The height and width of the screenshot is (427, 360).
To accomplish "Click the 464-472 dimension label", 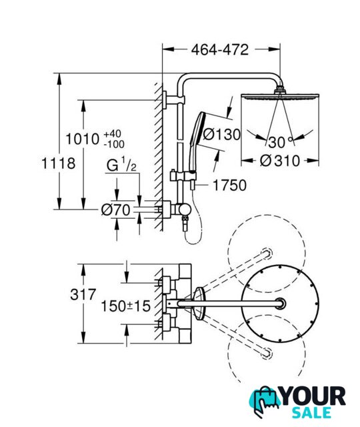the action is click(220, 50).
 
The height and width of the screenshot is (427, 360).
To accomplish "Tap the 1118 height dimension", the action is click(58, 163).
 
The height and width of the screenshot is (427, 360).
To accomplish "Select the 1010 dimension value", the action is click(83, 139).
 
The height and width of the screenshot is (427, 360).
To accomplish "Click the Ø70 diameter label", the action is click(116, 210).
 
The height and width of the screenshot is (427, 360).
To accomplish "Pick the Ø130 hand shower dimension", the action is click(222, 135).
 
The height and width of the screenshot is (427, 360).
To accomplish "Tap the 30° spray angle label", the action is click(280, 142).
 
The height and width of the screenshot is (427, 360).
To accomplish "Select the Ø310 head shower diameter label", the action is click(280, 161).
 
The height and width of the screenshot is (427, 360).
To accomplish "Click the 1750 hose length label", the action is click(229, 185).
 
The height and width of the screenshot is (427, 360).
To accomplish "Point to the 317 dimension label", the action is click(83, 294).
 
